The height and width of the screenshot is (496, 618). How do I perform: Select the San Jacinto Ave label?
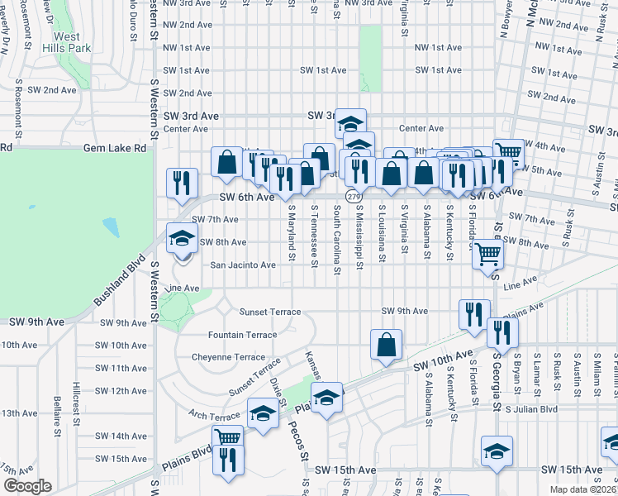coord(243,265)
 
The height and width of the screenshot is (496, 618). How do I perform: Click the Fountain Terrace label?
coord(242,335)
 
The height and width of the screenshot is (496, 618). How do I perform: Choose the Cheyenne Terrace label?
coord(227,357)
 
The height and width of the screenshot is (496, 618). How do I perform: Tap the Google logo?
coord(27,486)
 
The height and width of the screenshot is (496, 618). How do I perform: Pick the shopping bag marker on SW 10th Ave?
coord(387,345)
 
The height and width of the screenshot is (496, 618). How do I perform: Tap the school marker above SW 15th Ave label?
coord(497,452)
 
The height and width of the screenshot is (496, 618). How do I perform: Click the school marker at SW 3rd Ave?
coord(350,123)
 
